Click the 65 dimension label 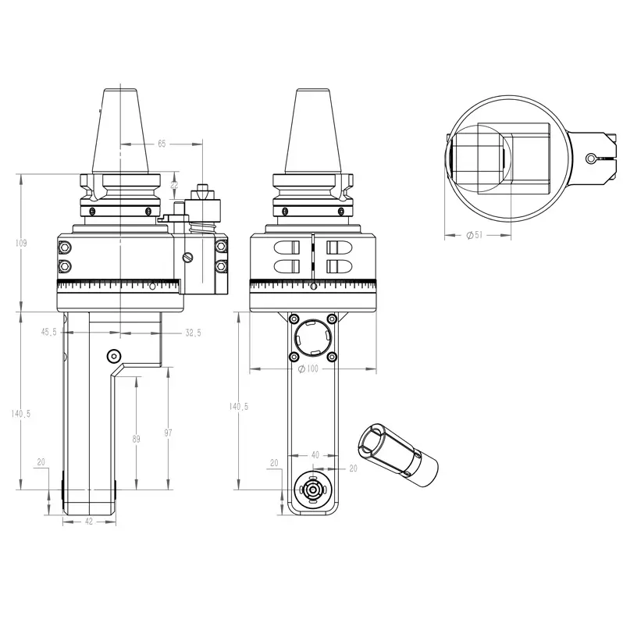click(162, 144)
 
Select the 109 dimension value click(20, 243)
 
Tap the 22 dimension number click(174, 185)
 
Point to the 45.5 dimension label click(49, 332)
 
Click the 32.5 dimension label click(193, 333)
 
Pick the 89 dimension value click(137, 439)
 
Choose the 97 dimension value click(168, 433)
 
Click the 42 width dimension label click(89, 522)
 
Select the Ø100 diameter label click(308, 368)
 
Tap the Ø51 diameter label click(475, 235)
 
